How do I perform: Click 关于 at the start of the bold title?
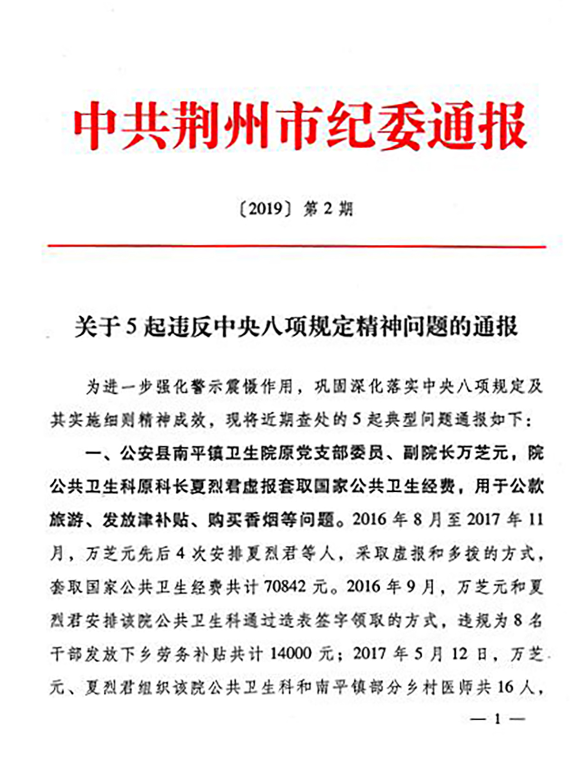pos(96,327)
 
